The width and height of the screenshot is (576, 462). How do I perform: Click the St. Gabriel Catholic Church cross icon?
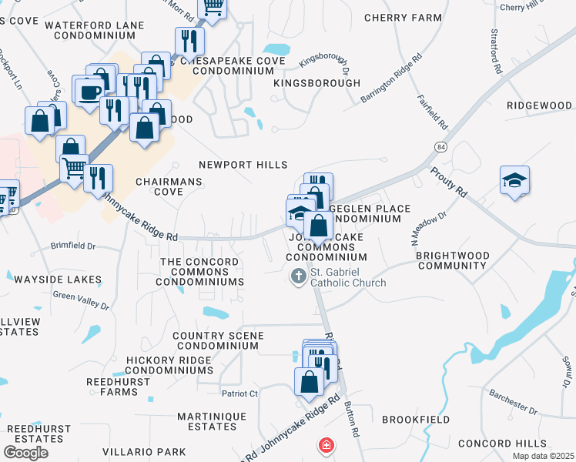click(299, 276)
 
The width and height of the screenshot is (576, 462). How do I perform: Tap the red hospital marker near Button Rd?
click(327, 446)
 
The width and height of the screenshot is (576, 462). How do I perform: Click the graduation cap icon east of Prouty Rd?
click(514, 180)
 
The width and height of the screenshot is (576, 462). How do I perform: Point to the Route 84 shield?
click(440, 146)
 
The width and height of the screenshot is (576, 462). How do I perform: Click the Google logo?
click(25, 453)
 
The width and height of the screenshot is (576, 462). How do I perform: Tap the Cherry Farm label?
click(403, 18)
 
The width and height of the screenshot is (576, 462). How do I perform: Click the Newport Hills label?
click(243, 165)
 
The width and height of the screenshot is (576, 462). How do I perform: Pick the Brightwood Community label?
click(451, 259)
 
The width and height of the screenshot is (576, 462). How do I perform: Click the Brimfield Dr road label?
click(74, 246)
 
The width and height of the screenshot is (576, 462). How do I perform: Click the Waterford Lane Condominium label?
click(95, 30)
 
